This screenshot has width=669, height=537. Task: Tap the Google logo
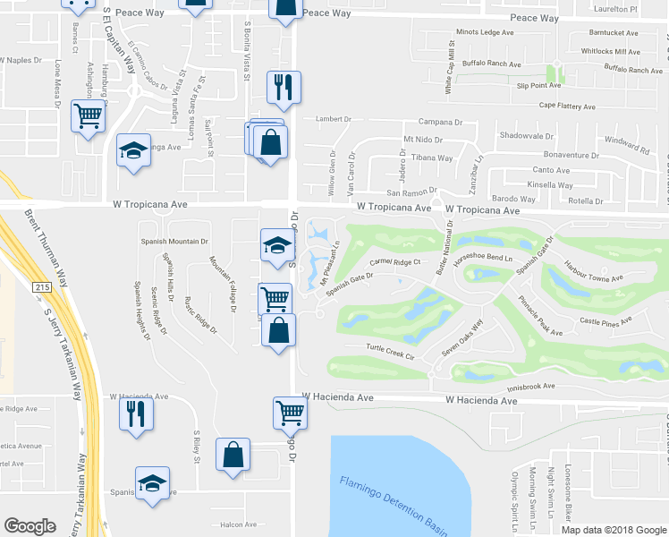tap(30, 526)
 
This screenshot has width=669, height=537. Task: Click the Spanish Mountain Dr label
tap(174, 242)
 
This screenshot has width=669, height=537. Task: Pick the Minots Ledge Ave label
tap(485, 32)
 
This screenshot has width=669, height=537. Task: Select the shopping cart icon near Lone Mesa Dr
tap(88, 115)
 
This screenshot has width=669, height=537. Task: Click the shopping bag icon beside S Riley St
tap(233, 454)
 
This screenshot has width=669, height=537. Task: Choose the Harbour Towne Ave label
tap(593, 272)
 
